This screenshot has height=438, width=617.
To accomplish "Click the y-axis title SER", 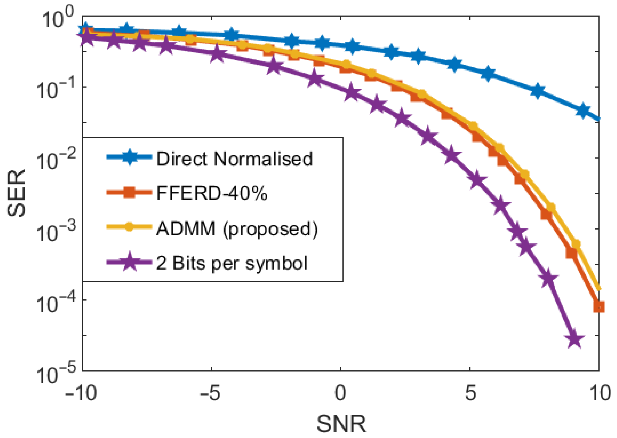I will pos(17,193).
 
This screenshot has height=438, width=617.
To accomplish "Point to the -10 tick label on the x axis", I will pos(81,393).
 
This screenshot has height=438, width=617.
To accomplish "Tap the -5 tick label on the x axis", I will pos(210,393).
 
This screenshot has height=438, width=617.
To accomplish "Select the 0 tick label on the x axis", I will pos(340,393).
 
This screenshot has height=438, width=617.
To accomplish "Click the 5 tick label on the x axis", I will pos(470,393).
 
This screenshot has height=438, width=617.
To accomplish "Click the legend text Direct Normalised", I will pos(234,159).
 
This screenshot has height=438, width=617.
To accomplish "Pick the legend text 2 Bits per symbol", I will pos(232,263).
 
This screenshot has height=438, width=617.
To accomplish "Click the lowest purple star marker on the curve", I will pos(575,339).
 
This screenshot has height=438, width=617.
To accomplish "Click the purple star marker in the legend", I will pos(129,262).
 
